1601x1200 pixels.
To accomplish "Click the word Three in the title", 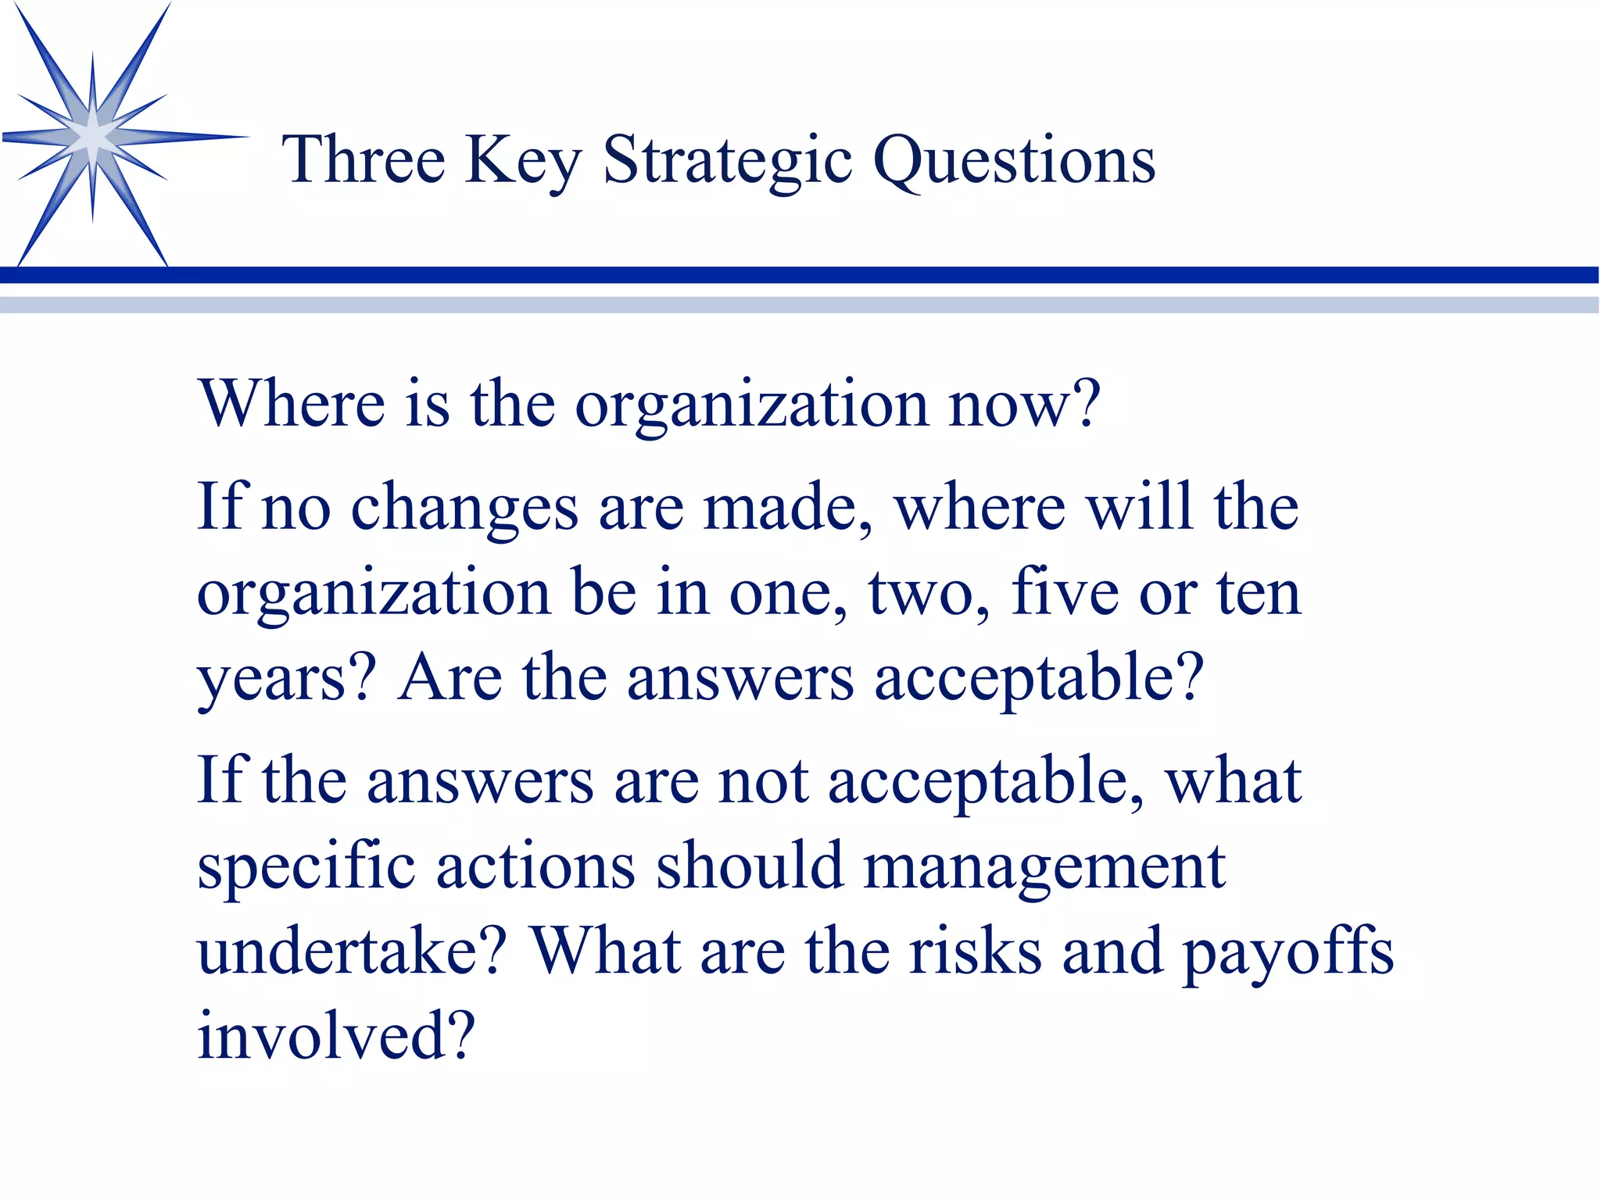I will click(363, 159).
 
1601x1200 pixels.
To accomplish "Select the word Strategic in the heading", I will click(727, 161).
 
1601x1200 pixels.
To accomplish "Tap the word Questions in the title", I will click(1013, 161).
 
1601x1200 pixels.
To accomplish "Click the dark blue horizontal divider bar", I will click(800, 274).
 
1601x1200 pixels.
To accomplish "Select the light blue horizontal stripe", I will click(800, 304).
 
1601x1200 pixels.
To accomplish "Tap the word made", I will click(786, 508).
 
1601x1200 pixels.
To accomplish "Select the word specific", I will click(306, 867).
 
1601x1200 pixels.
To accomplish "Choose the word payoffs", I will click(1287, 953).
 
